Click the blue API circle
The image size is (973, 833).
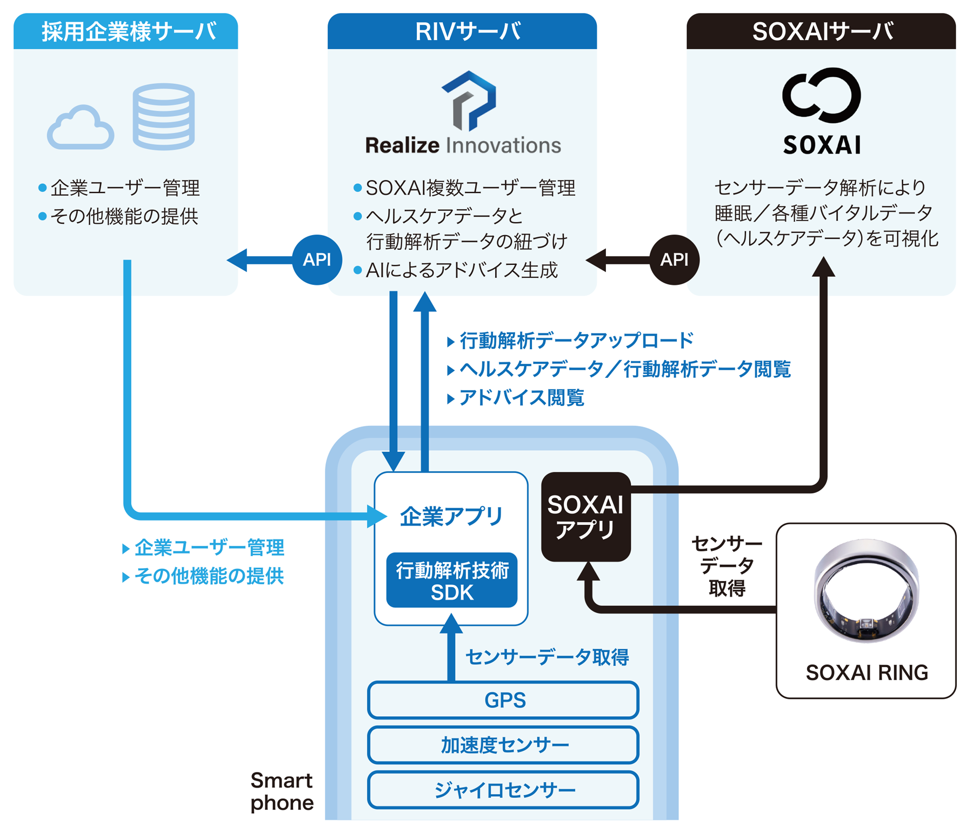[x=317, y=259]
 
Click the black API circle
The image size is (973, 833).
[x=674, y=259]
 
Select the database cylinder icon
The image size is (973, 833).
[x=163, y=116]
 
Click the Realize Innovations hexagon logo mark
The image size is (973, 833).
[x=469, y=101]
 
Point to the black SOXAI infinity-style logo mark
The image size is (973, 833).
[x=821, y=95]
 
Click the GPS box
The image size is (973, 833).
[x=503, y=700]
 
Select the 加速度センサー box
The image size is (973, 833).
[x=503, y=745]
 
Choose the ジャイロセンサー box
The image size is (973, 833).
[x=503, y=790]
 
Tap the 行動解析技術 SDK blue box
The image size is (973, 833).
[x=452, y=581]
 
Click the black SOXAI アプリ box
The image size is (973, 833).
[x=586, y=516]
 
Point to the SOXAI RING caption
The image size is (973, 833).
[x=867, y=672]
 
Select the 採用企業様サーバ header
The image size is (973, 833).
[x=126, y=31]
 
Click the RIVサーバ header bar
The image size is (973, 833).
[x=462, y=31]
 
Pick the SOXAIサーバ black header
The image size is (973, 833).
[x=821, y=31]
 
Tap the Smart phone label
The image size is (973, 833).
[x=282, y=791]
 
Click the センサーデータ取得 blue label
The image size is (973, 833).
[x=547, y=657]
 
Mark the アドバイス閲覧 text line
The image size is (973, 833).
[x=521, y=398]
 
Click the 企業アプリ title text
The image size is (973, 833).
[x=451, y=516]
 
